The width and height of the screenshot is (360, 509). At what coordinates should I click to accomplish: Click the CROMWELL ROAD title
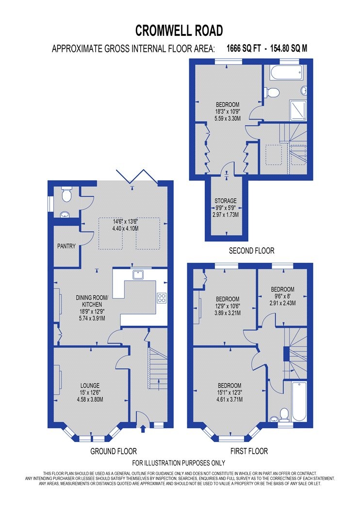[180, 31]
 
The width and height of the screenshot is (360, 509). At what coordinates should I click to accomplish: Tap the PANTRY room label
[66, 246]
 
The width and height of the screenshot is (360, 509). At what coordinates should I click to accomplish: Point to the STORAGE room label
[226, 201]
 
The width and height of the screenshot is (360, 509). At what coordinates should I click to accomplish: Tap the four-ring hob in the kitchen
[162, 298]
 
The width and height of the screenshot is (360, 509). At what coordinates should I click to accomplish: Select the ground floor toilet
[67, 195]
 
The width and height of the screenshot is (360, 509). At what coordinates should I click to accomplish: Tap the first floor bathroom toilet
[284, 414]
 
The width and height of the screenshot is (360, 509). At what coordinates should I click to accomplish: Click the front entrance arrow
[142, 428]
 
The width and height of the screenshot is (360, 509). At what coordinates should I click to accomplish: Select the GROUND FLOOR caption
[114, 451]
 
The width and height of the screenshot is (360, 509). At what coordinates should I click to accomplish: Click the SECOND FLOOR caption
[252, 251]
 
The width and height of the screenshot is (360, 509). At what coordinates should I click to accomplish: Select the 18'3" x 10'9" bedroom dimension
[227, 111]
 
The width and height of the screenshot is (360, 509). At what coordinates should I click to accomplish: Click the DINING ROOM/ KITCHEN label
[91, 300]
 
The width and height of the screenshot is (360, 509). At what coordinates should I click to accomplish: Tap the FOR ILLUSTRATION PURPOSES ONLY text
[179, 463]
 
